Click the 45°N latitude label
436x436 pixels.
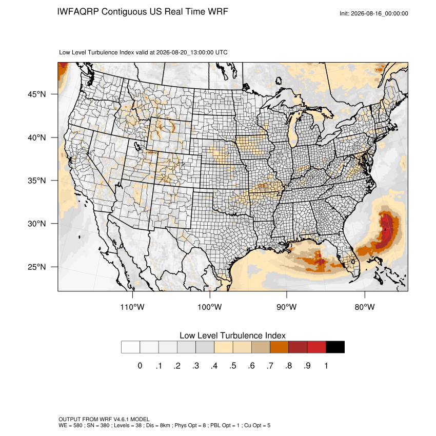[x=37, y=94]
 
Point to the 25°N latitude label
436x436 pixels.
[x=37, y=267]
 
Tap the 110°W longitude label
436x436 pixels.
[x=132, y=307]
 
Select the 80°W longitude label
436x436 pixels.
[x=365, y=307]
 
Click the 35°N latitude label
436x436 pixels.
[x=37, y=181]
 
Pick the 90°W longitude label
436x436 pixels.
[x=286, y=307]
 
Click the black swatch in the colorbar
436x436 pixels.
[x=335, y=347]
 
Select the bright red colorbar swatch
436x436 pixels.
[x=316, y=347]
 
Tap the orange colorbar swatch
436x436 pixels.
[x=279, y=347]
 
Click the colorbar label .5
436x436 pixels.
[x=233, y=366]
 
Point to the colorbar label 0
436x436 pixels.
[x=140, y=366]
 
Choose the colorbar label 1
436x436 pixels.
[x=326, y=366]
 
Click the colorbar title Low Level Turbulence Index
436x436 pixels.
[x=232, y=335]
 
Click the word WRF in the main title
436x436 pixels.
[x=219, y=12]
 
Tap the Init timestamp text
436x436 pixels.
[x=374, y=13]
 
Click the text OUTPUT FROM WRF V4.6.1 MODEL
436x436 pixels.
[x=104, y=419]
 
